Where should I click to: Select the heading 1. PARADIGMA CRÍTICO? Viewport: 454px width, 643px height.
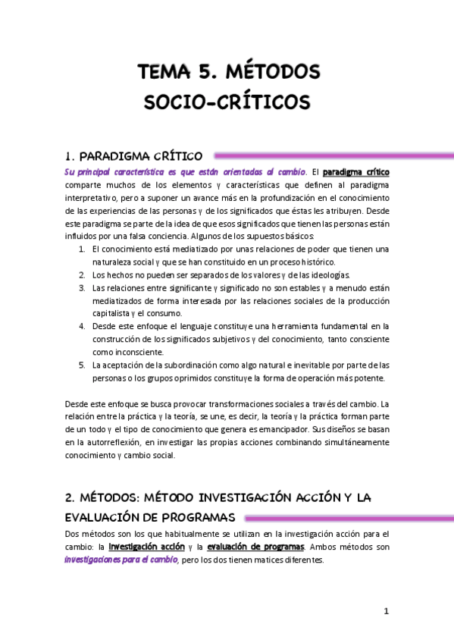pos(133,157)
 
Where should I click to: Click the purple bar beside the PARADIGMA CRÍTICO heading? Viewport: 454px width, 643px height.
pos(333,155)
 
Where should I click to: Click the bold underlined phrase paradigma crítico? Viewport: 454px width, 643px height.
pos(356,172)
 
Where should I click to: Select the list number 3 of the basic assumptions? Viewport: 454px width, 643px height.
pos(81,288)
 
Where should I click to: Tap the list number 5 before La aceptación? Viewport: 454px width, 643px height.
pos(81,365)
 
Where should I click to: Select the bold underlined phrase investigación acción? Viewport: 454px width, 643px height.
pos(147,547)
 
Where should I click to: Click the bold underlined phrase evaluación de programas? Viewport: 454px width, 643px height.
pos(255,547)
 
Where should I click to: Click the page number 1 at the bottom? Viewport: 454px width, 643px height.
pos(386,611)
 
